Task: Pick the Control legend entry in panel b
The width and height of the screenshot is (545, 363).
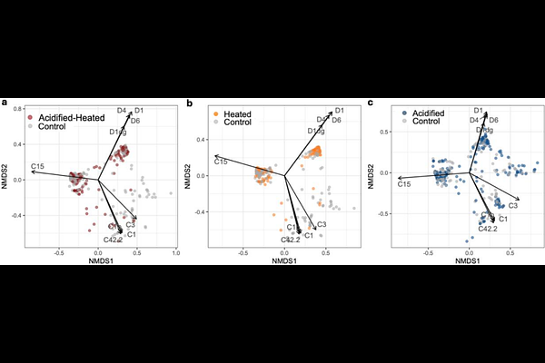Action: click(x=238, y=121)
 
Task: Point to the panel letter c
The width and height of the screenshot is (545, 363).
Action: click(x=370, y=103)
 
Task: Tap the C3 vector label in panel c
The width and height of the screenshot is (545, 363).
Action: click(x=513, y=207)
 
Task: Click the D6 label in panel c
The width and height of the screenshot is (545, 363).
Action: click(x=493, y=120)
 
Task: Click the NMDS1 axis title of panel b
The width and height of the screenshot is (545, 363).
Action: click(x=284, y=260)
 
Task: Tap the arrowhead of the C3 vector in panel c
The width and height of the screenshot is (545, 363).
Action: click(x=519, y=198)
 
